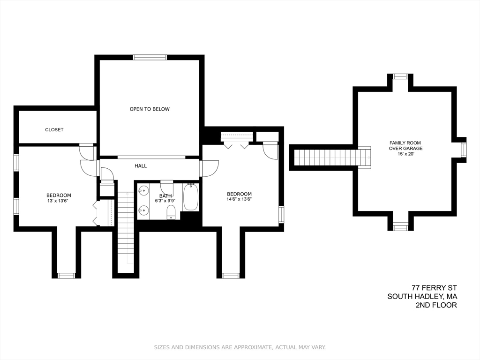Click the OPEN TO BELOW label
pos(150,109)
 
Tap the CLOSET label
pos(54,130)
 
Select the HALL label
pos(141,166)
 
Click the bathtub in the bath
pos(191,197)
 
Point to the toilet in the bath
pos(171,212)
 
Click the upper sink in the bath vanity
pos(143,191)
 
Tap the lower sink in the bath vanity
pos(143,210)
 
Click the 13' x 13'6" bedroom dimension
pos(59,201)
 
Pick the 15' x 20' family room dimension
pos(405,154)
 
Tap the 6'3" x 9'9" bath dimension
pos(165,201)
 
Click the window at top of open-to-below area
pos(150,57)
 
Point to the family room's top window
pos(400,76)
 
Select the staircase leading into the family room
pos(333,157)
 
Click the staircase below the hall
pos(126,226)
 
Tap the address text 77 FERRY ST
pos(434,288)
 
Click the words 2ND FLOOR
pos(436,305)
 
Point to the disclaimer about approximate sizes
pos(240,347)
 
